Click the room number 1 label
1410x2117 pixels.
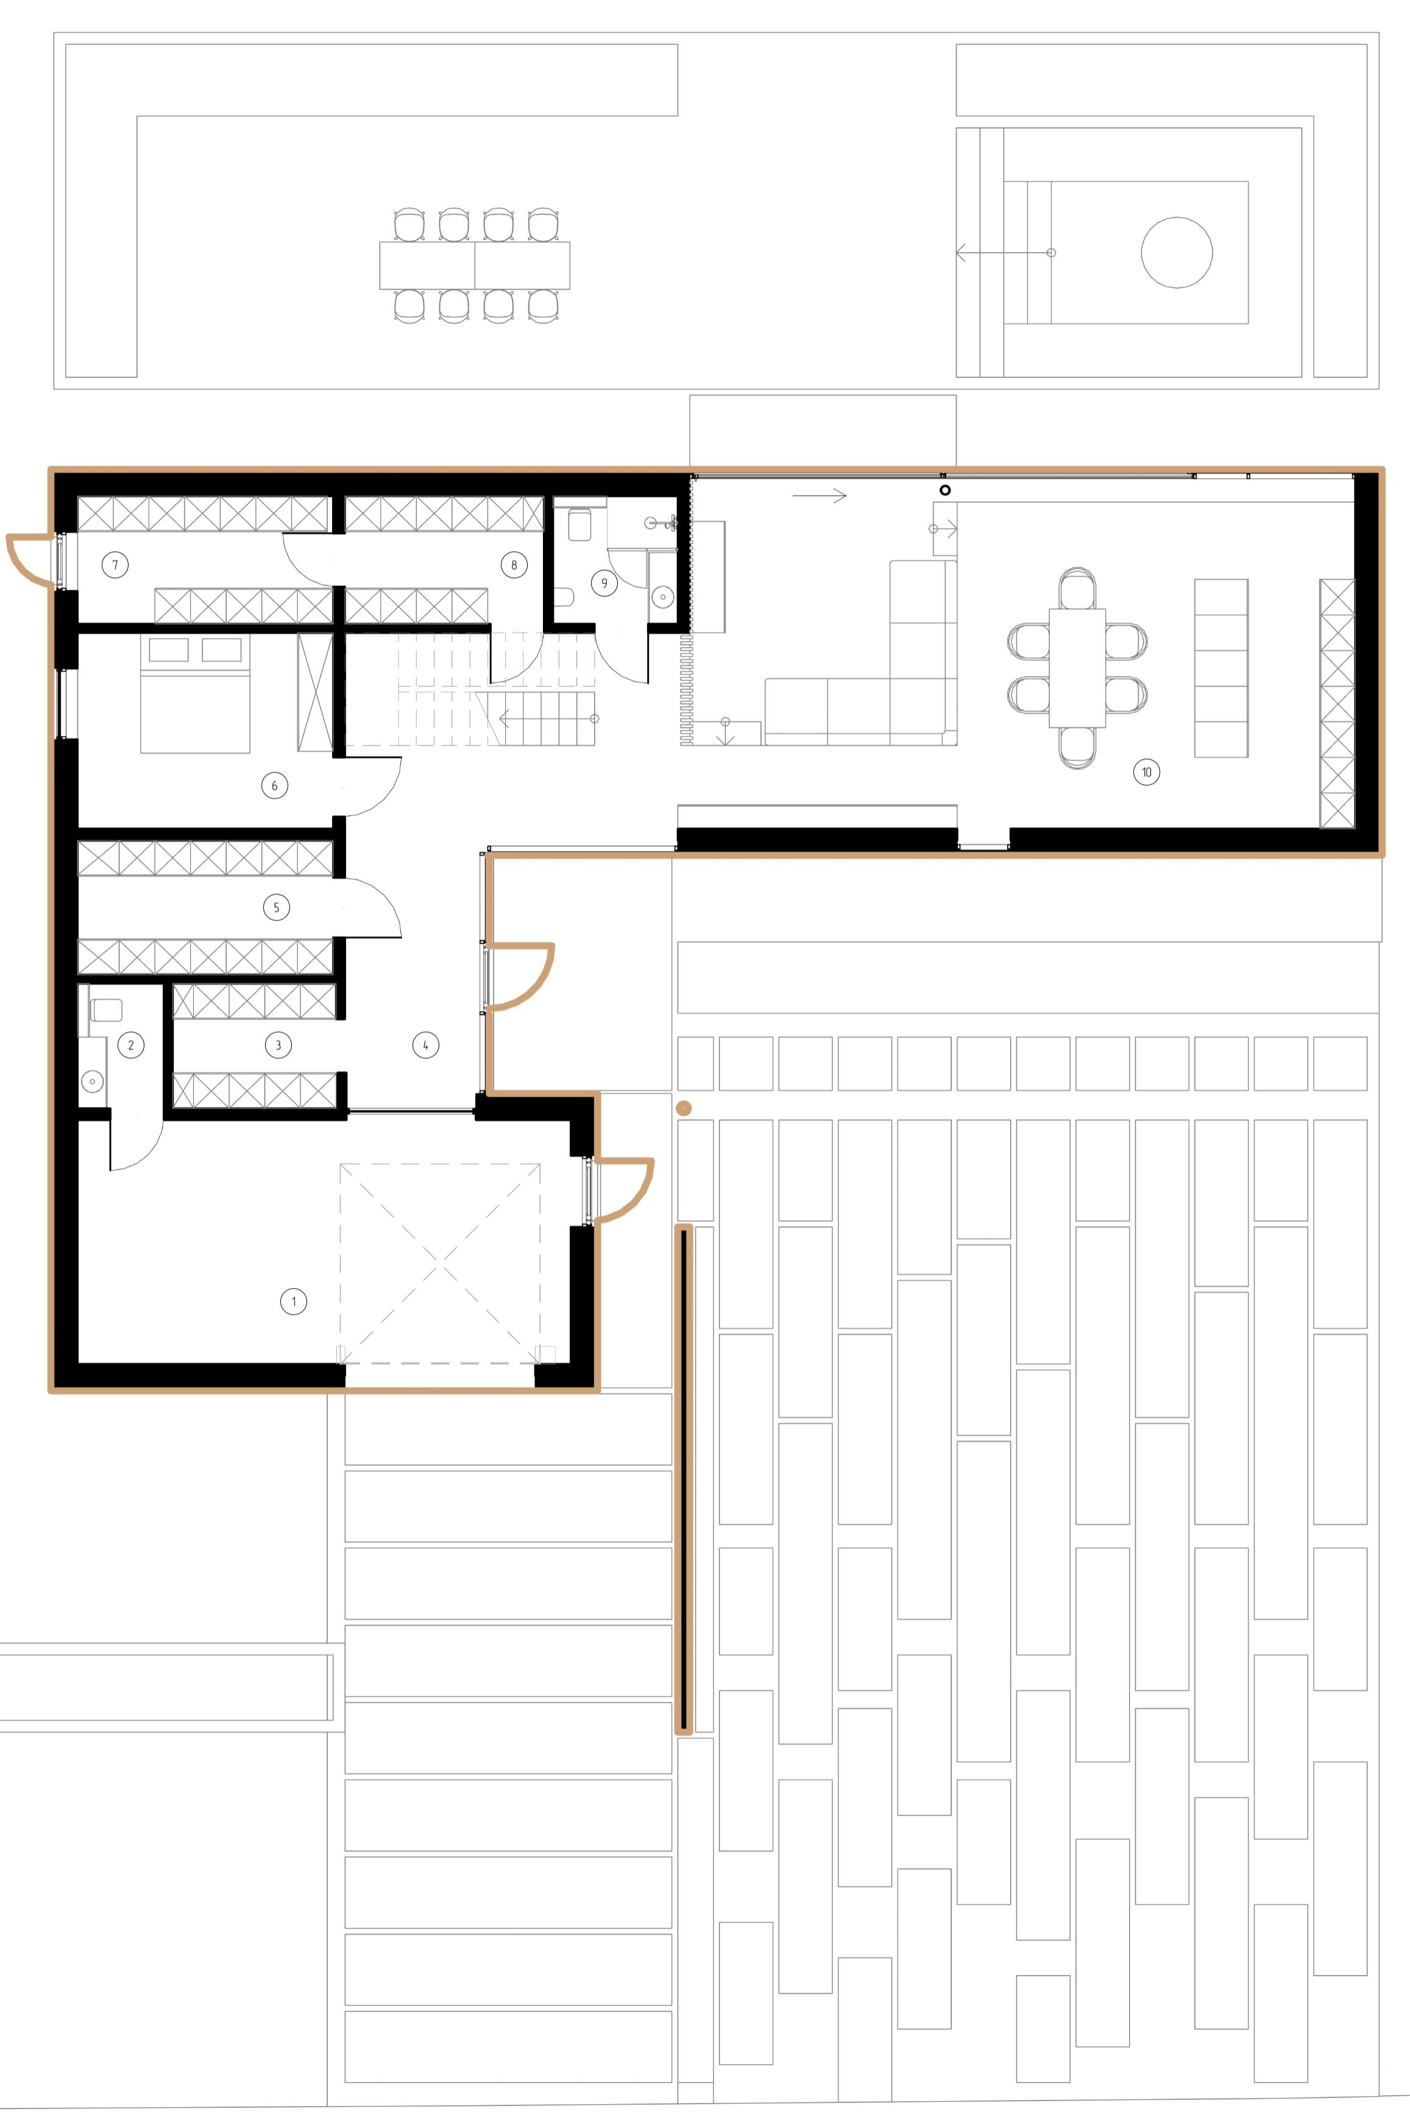(293, 1301)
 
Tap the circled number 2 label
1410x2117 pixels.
(131, 1045)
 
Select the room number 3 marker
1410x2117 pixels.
(278, 1045)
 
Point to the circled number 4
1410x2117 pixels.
(425, 1045)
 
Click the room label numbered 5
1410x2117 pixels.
(276, 908)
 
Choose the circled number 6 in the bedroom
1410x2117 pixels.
(274, 785)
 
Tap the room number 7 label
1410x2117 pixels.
(115, 565)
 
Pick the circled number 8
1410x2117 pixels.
(514, 565)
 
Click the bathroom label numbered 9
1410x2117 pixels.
(604, 583)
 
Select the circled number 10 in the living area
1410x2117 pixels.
(1147, 772)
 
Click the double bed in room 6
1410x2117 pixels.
(195, 694)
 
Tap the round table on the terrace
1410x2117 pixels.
(1176, 253)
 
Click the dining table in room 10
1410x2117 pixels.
(1077, 667)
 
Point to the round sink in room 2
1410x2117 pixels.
(92, 1081)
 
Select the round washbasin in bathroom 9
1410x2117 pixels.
(663, 596)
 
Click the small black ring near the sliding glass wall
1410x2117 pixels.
(945, 490)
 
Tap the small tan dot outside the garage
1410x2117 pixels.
(684, 1108)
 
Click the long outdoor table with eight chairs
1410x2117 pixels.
(475, 265)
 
